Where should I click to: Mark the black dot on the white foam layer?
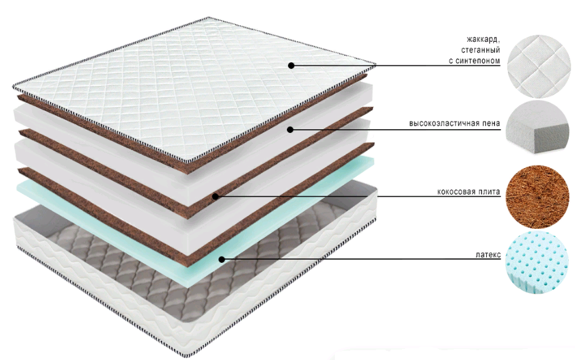tap(291, 129)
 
